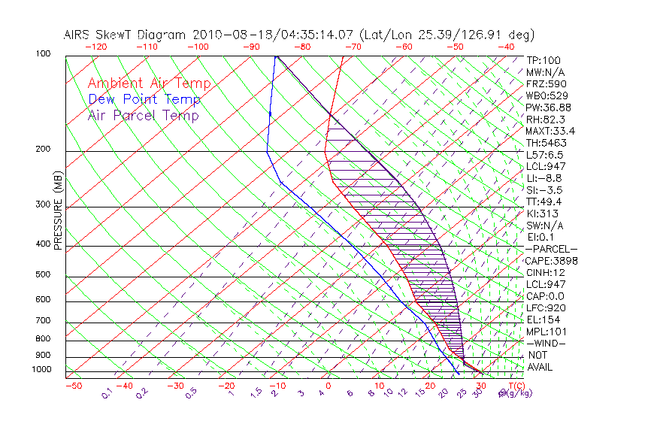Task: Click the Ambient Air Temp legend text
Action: [x=150, y=83]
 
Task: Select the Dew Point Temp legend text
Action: [x=144, y=99]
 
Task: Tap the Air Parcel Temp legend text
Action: [x=144, y=115]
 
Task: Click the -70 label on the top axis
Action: [x=352, y=46]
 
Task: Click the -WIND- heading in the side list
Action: [x=547, y=344]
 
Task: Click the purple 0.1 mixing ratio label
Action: [x=107, y=393]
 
